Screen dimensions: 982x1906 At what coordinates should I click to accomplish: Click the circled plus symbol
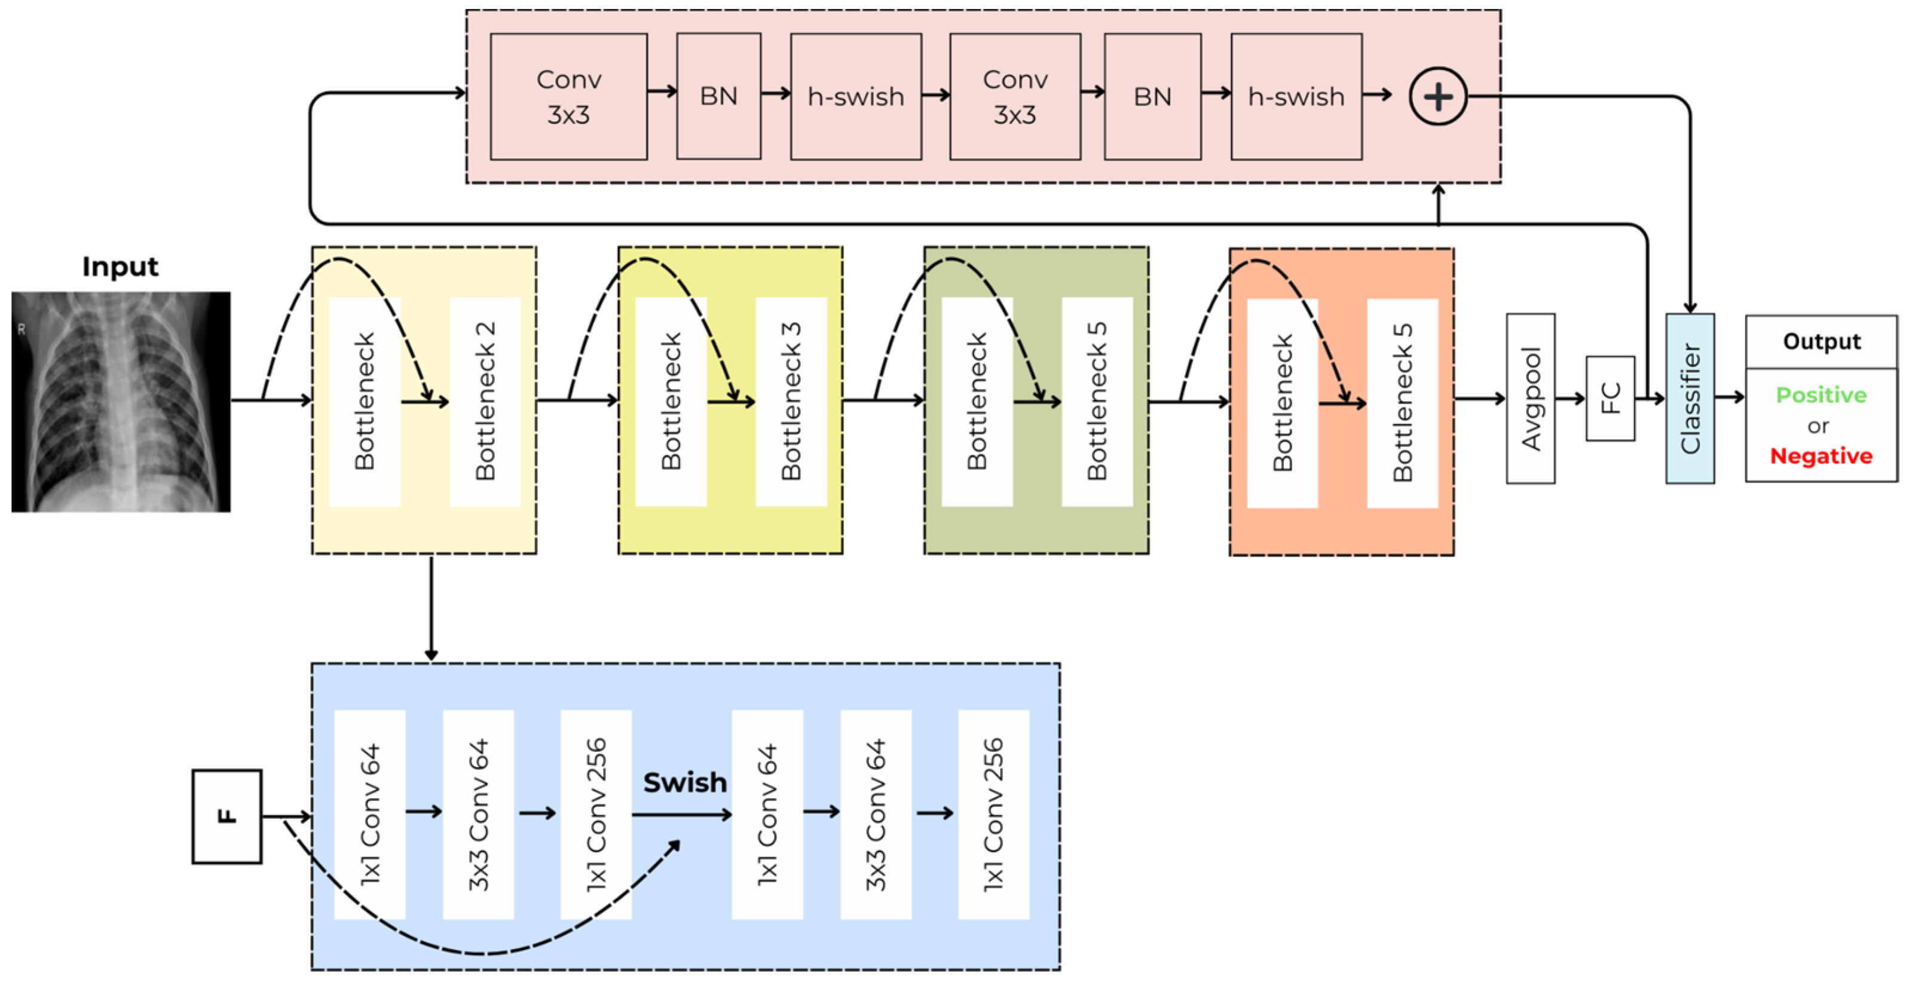[x=1437, y=96]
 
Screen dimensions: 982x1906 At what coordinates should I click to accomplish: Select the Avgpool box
[x=1530, y=398]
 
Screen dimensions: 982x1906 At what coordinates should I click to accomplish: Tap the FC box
[x=1610, y=398]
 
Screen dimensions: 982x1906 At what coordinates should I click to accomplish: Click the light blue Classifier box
[x=1690, y=398]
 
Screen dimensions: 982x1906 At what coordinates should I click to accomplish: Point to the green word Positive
[x=1821, y=394]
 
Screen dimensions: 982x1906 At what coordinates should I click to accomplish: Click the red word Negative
[x=1821, y=456]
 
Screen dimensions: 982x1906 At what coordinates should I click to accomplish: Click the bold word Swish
[x=684, y=782]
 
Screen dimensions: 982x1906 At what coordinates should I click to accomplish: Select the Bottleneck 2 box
[x=485, y=401]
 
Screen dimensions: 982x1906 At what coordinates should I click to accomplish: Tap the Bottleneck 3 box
[x=791, y=401]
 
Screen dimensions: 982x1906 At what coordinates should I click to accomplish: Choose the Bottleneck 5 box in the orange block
[x=1402, y=403]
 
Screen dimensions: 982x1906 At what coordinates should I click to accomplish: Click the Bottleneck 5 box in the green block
[x=1097, y=401]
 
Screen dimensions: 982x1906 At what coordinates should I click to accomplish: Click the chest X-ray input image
[x=121, y=401]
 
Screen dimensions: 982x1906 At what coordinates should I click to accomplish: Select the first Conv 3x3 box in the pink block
[x=568, y=96]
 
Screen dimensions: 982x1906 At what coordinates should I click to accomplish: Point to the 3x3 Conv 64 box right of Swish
[x=876, y=814]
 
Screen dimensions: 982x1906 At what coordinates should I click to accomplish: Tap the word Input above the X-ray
[x=120, y=267]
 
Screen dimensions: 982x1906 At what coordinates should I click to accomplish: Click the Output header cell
[x=1821, y=341]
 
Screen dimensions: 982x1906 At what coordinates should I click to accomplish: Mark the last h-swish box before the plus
[x=1296, y=96]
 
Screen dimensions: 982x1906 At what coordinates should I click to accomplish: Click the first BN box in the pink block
[x=718, y=96]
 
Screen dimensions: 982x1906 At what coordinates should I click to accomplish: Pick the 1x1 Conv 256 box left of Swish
[x=596, y=814]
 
